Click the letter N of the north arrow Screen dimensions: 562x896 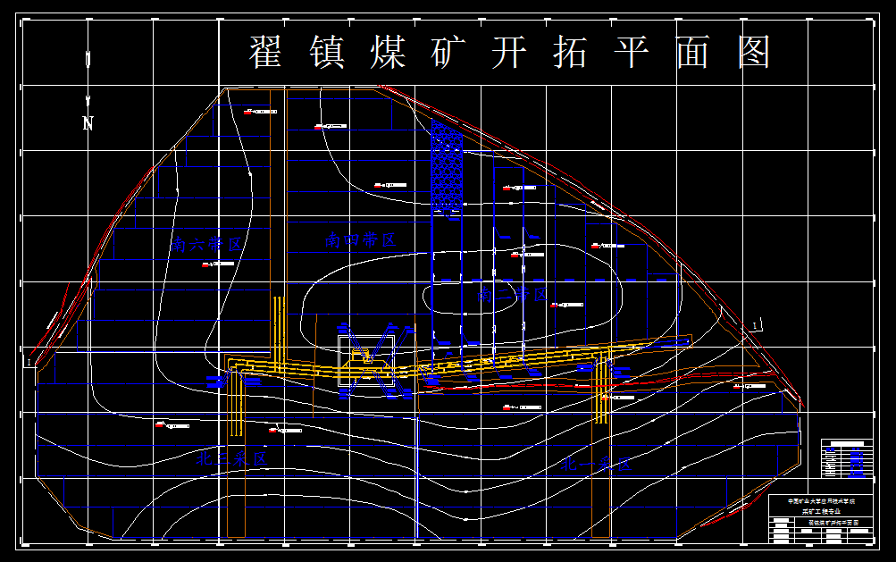[x=88, y=123]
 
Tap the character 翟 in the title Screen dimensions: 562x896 [x=265, y=53]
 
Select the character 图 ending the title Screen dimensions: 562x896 [x=754, y=53]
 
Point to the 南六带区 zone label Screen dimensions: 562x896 [x=207, y=243]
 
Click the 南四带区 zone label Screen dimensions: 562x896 [x=360, y=239]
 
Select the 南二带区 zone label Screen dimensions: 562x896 [x=512, y=293]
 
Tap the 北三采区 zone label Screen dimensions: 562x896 [x=231, y=459]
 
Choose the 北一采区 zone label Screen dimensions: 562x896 [x=596, y=465]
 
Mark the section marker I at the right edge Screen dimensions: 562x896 [x=757, y=324]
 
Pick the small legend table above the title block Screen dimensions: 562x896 [x=848, y=459]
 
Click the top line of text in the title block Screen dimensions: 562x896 [x=821, y=501]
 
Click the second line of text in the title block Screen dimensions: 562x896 [x=821, y=511]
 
